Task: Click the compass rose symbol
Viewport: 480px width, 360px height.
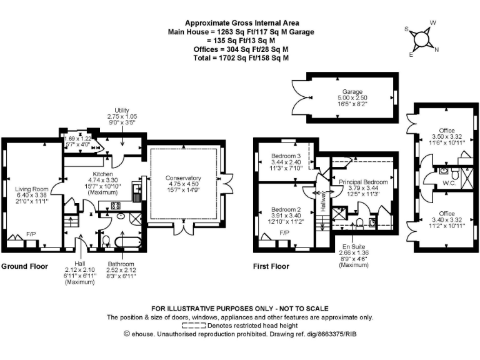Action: tap(423, 39)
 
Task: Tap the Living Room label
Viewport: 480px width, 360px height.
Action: tap(32, 187)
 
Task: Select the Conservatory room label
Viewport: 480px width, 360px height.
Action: tap(183, 177)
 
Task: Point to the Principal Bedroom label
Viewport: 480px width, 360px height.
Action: tap(363, 182)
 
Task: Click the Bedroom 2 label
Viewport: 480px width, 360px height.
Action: tap(286, 209)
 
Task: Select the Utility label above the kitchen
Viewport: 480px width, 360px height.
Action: tap(122, 110)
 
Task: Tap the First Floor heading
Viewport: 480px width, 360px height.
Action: tap(271, 266)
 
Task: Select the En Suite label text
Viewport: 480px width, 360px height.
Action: tap(354, 247)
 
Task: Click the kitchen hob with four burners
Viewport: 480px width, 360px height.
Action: tap(116, 205)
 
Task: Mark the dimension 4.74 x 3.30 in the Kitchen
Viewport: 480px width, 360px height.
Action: tap(102, 180)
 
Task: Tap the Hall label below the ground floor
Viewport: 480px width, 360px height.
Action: tap(79, 263)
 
